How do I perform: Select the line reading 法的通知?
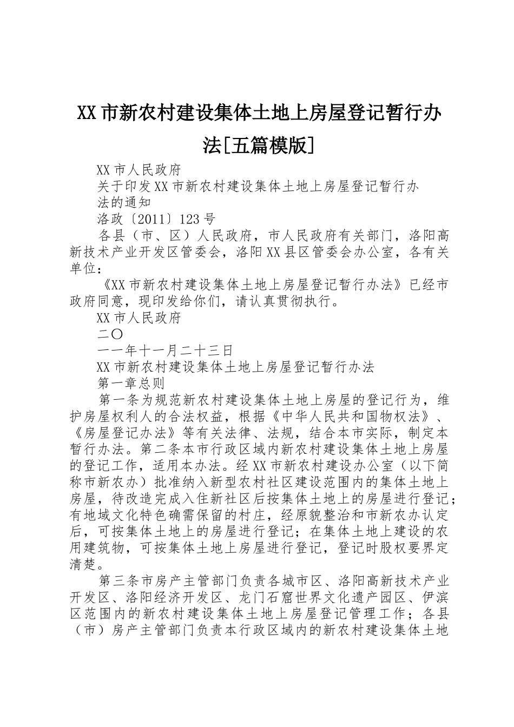(x=123, y=203)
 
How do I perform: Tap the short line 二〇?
(x=110, y=334)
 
